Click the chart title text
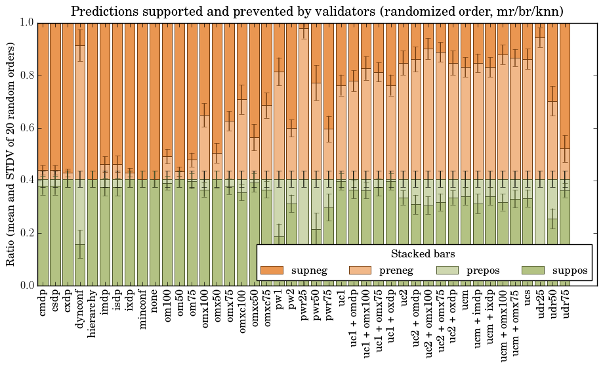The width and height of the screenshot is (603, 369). pyautogui.click(x=317, y=11)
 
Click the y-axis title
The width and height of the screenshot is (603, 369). pyautogui.click(x=11, y=154)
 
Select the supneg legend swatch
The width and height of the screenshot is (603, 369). pyautogui.click(x=272, y=270)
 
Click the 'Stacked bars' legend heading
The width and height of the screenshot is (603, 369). pyautogui.click(x=423, y=253)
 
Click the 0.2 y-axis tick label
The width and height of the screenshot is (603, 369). pyautogui.click(x=26, y=233)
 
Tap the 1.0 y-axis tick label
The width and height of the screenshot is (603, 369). pyautogui.click(x=26, y=23)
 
